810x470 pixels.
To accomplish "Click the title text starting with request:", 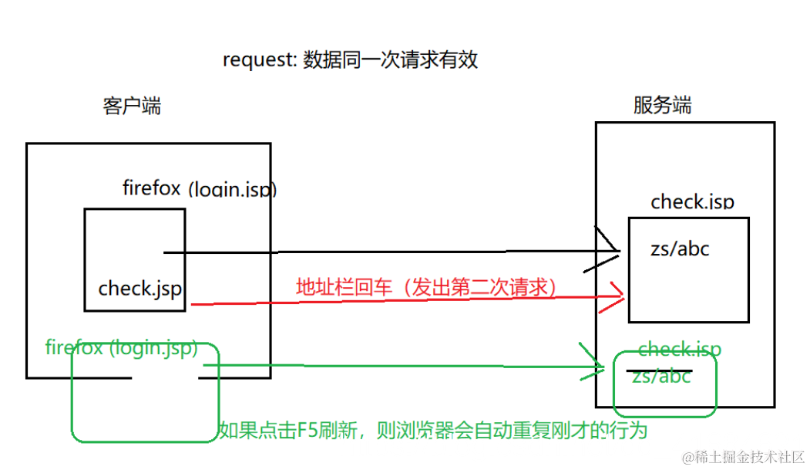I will point(350,60).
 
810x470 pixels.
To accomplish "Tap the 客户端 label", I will point(132,106).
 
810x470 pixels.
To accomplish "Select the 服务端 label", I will point(662,105).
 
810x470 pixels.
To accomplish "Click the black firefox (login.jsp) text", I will point(200,188).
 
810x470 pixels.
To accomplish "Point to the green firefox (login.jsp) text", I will point(122,347).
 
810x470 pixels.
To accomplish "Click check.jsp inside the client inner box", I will point(140,289).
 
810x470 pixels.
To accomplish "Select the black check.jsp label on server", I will point(692,202).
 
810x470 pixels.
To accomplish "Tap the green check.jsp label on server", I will point(679,349).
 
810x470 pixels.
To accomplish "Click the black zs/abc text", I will point(681,249).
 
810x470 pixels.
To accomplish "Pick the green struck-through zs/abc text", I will point(661,377).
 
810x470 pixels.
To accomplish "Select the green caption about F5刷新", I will point(432,430).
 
